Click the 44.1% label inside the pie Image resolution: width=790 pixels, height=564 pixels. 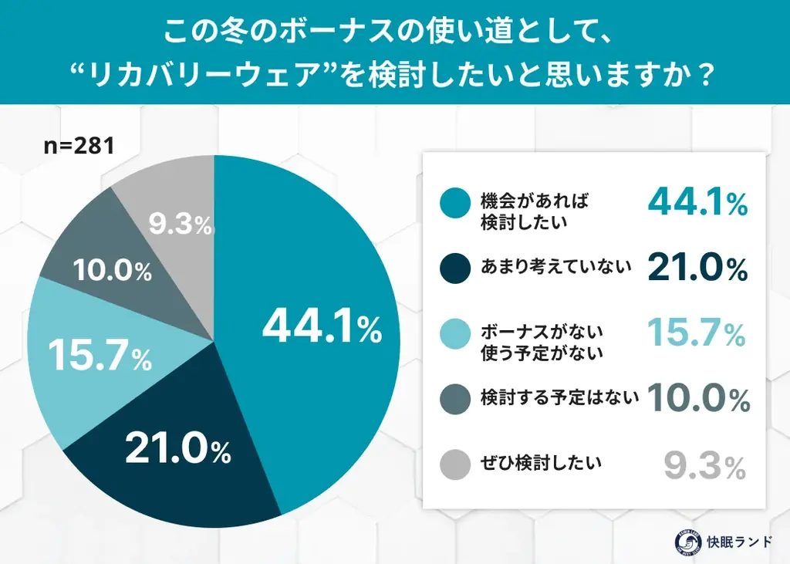[322, 328]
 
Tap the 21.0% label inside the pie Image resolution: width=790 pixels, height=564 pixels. [177, 450]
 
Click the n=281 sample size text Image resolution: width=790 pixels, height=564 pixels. [78, 146]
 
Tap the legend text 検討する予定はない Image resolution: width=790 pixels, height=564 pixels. [559, 398]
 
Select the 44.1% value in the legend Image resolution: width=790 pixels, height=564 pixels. [697, 202]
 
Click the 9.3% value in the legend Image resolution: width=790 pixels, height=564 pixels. [704, 465]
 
